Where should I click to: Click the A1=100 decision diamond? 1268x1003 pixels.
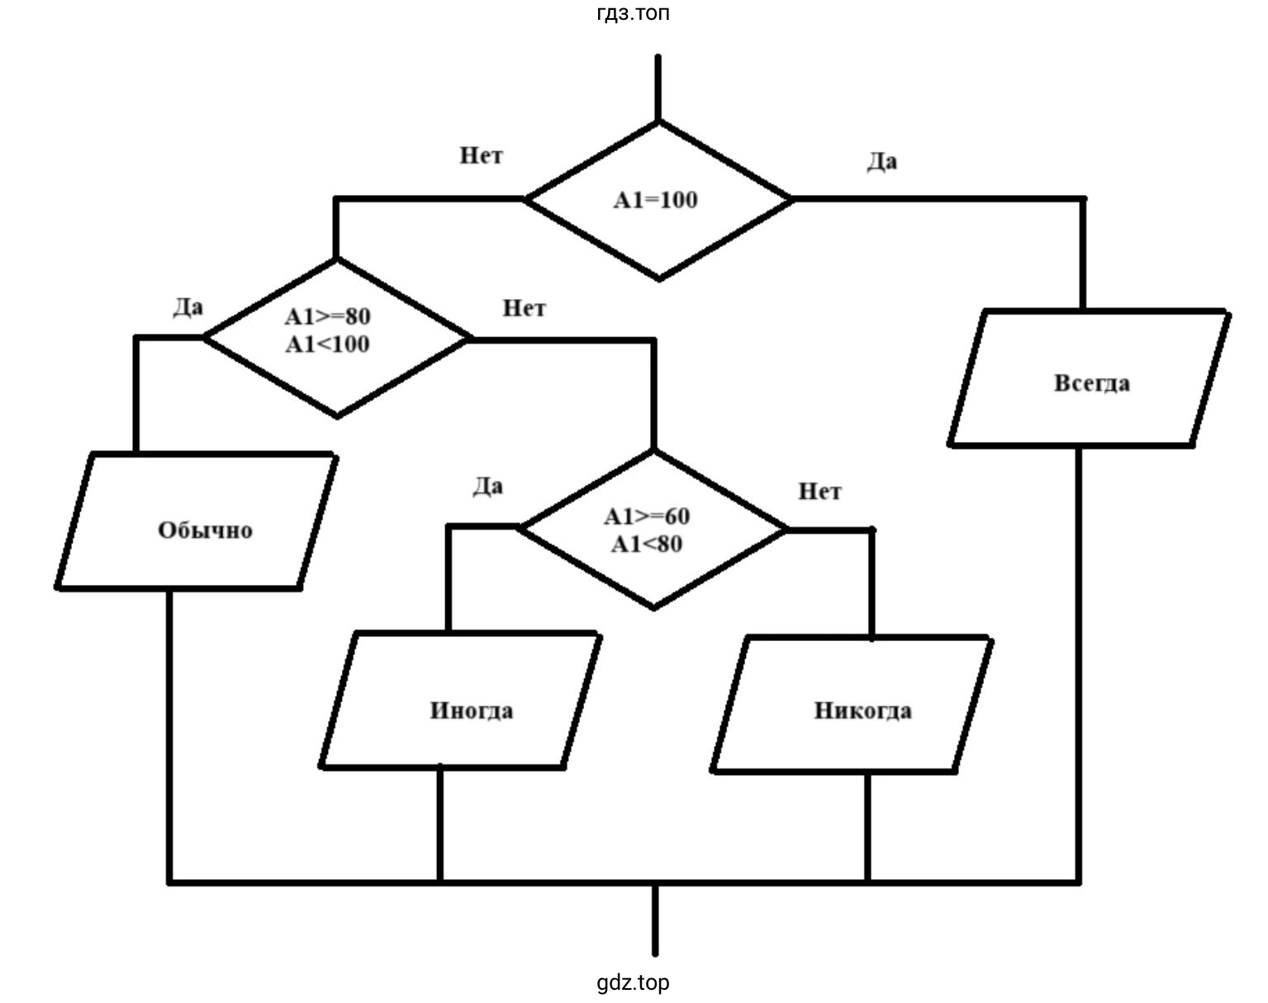(x=658, y=201)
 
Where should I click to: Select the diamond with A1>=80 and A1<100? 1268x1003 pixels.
(x=335, y=337)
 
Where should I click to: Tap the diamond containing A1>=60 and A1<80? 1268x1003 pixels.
(x=653, y=529)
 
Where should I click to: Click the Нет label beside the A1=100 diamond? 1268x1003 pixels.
(x=481, y=155)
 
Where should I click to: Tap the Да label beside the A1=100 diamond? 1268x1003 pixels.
(x=881, y=161)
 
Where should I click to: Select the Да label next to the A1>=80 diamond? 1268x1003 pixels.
(x=188, y=307)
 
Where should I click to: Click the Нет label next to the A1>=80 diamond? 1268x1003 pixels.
(x=524, y=308)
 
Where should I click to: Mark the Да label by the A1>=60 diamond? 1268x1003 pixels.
(x=487, y=486)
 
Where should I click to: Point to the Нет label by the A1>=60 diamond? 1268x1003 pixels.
(x=819, y=492)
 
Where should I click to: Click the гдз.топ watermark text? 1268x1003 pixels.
(x=633, y=13)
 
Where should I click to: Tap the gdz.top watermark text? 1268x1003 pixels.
(x=633, y=982)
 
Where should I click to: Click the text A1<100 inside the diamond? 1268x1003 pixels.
(x=328, y=345)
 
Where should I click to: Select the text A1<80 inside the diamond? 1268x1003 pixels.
(x=647, y=544)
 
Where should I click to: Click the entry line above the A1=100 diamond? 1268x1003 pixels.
(x=658, y=88)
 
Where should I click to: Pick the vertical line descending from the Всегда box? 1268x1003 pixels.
(x=1079, y=661)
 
